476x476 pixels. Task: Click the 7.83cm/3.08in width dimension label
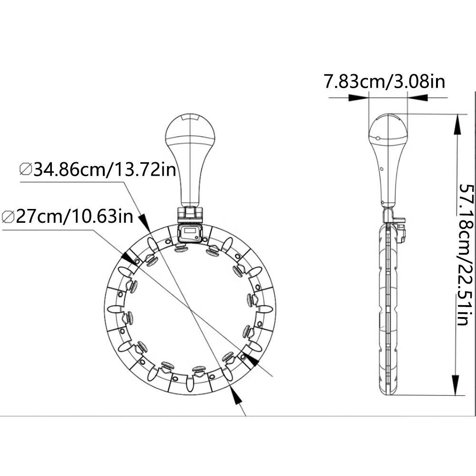(x=385, y=81)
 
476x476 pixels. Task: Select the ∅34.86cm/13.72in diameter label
(x=98, y=169)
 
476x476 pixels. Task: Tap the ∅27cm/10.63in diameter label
(x=68, y=217)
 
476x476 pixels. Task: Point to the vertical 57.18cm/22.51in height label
(x=466, y=254)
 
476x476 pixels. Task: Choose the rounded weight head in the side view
(x=388, y=130)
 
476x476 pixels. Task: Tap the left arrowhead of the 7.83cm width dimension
(x=358, y=98)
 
